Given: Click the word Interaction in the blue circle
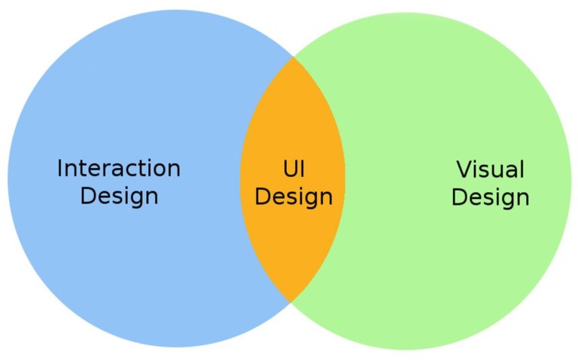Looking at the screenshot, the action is coord(119,168).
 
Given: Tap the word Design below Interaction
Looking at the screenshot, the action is coord(119,197).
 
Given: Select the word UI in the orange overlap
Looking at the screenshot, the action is coord(294,169).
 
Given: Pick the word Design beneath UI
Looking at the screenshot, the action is coord(294,197).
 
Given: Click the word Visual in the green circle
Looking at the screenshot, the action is coord(490,169).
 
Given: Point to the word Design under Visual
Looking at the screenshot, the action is coord(491,198).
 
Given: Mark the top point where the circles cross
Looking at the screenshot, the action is coord(293,56).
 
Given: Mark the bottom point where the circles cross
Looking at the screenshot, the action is coord(291,303).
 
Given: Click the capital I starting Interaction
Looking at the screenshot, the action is coord(59,169).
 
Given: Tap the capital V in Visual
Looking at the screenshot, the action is coord(464,169).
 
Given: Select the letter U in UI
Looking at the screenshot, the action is coord(290,169).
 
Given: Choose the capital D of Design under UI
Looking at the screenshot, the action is coord(263,197).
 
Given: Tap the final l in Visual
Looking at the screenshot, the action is coord(522,169).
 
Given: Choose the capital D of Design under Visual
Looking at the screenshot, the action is coord(459,197).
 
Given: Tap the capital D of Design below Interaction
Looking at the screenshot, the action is coord(88,196).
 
